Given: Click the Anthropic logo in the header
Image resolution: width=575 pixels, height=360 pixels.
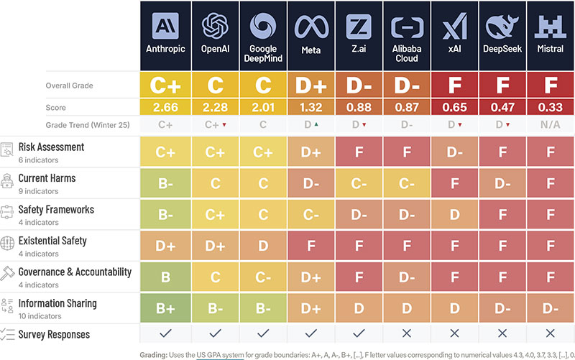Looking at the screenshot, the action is [165, 26].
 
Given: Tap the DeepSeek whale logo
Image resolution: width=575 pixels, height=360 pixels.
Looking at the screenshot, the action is [502, 26].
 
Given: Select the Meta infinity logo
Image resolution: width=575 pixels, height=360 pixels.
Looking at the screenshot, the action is [311, 27].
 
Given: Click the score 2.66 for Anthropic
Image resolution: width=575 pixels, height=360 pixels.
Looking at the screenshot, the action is [165, 107].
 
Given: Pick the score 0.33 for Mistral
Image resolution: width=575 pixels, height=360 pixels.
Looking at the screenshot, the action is [550, 107].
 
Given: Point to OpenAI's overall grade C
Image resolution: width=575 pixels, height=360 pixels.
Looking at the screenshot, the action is [215, 86].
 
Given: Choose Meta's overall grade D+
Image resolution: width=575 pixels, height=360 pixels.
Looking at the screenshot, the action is [311, 86].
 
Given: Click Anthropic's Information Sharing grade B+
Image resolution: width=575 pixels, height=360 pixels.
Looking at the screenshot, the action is [165, 308].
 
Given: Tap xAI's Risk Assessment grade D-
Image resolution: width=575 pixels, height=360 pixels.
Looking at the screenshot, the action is [455, 152].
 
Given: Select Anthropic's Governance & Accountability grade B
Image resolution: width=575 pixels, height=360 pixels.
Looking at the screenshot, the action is [165, 277].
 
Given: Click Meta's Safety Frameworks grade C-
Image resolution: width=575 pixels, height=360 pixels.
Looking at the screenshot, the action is [311, 215].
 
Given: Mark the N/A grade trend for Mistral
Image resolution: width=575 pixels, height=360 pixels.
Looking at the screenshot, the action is [550, 124].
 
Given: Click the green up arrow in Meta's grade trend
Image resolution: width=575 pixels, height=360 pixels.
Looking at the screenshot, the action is [316, 124].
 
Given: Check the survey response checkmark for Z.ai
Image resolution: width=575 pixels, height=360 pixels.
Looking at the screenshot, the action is [359, 333].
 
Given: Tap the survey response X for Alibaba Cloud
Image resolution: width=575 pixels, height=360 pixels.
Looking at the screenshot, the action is [407, 333].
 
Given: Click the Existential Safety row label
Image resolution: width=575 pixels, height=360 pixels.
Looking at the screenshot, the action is [52, 241].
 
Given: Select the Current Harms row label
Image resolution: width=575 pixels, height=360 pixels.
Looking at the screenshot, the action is [47, 178].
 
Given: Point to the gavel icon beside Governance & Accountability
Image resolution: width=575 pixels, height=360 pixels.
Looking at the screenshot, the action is [7, 273].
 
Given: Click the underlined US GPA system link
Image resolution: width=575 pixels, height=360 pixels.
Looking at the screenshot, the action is [220, 355].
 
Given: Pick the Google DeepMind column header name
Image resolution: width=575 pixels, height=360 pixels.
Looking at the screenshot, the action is [263, 53].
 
